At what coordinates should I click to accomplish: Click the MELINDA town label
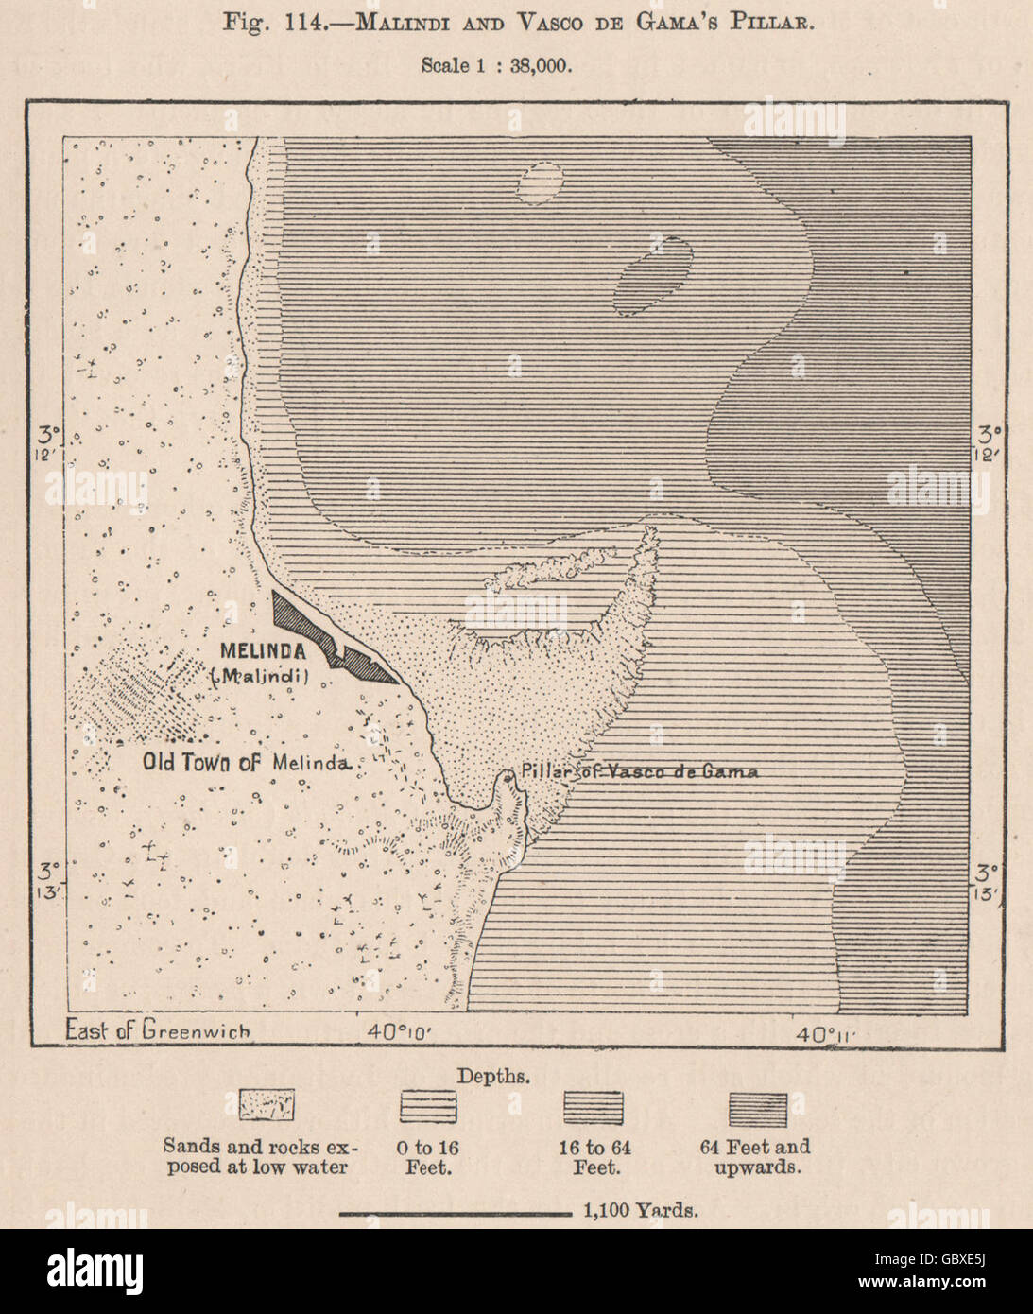point(262,651)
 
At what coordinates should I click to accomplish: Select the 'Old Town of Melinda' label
point(247,762)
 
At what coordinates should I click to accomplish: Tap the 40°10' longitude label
point(400,1032)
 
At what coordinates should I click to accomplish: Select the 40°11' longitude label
point(824,1034)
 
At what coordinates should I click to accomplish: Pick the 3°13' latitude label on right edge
point(988,881)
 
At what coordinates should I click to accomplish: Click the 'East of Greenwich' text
point(157,1030)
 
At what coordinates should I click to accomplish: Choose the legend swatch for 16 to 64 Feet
point(594,1106)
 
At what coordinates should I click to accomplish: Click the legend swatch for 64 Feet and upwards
point(757,1108)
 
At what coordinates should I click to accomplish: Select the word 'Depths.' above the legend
point(493,1076)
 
